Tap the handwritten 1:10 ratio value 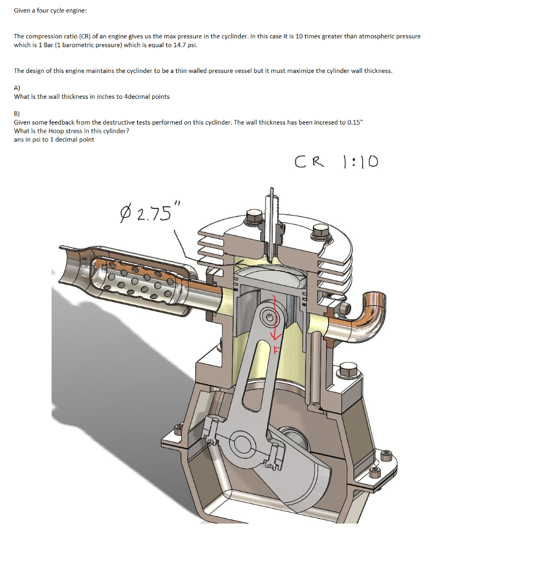359,162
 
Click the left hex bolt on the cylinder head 254,217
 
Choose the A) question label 17,87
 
